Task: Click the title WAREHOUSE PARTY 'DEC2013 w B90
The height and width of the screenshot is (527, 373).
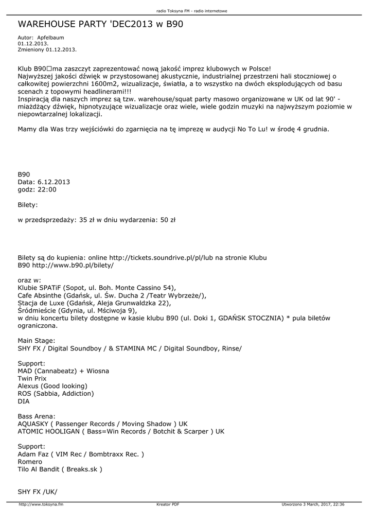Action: point(101,24)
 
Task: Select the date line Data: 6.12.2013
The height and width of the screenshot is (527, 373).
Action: point(44,182)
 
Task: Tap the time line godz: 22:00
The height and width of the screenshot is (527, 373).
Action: point(37,189)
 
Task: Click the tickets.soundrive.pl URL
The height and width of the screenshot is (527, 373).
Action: point(170,257)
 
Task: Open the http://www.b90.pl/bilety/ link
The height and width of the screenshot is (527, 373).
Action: point(73,265)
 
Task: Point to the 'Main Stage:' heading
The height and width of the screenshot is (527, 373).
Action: point(37,341)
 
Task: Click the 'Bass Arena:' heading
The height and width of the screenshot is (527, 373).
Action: point(37,416)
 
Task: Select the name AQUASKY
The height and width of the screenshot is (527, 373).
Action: point(33,424)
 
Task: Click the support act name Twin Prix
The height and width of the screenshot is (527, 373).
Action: point(32,378)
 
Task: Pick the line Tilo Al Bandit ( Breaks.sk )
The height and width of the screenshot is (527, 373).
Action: point(60,469)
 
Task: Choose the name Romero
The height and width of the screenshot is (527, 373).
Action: point(30,462)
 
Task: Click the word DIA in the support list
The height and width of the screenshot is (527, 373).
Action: point(24,401)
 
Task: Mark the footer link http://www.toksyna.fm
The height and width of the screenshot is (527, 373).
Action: point(41,504)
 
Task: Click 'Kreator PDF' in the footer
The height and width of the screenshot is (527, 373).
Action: point(168,504)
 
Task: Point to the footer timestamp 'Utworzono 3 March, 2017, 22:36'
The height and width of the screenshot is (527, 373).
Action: point(313,504)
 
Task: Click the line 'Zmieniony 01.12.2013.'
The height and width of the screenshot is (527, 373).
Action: point(47,49)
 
